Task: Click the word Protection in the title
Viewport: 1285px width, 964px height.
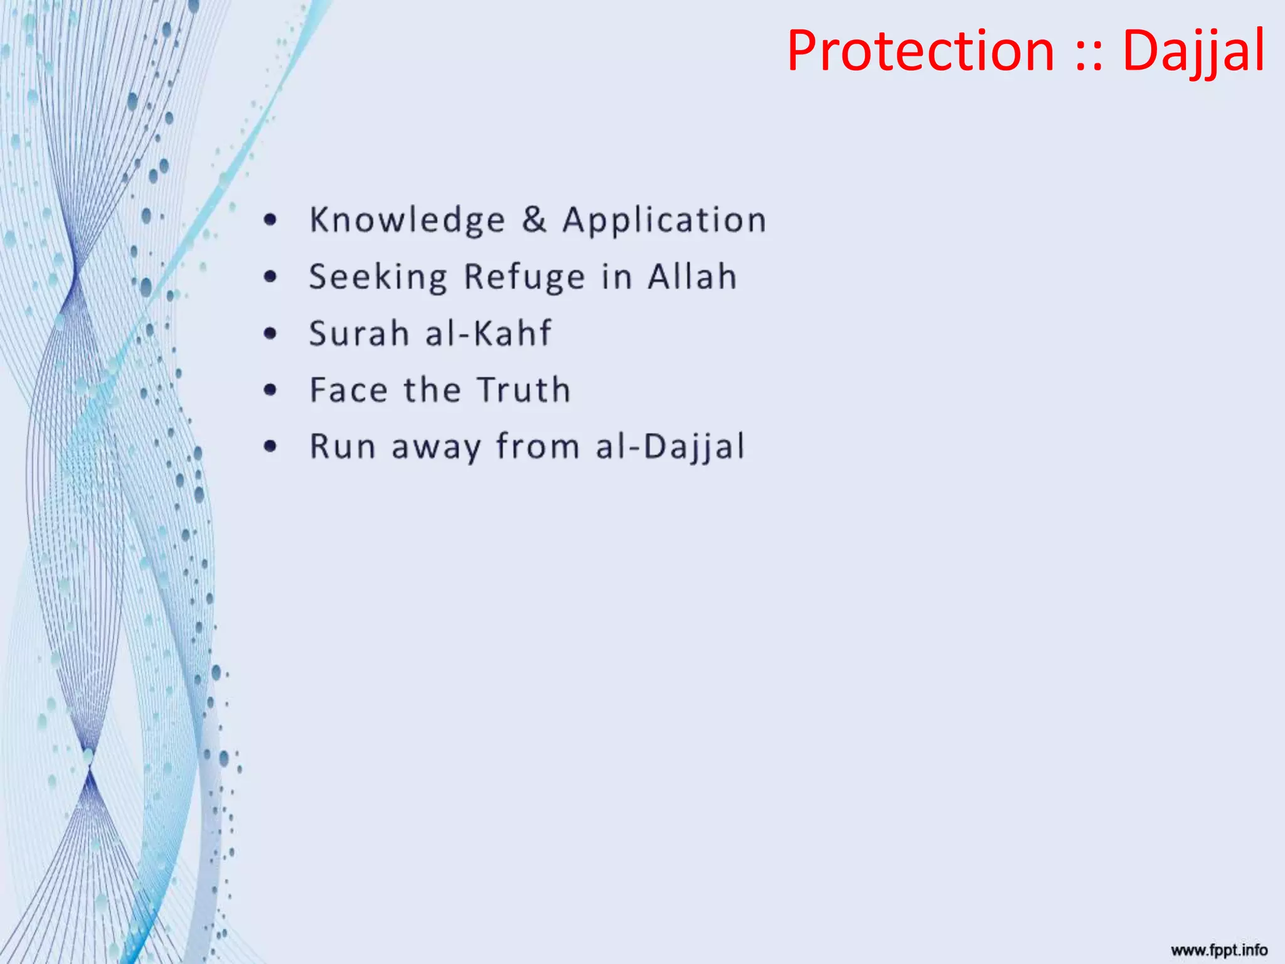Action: point(920,51)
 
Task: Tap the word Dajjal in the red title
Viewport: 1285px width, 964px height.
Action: point(1193,51)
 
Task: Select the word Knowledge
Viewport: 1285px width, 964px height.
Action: point(407,220)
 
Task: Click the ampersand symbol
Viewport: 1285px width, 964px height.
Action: point(534,220)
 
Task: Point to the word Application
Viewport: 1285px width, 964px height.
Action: point(664,220)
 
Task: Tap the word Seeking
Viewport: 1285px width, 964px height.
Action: point(378,277)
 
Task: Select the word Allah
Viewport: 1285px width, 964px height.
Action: point(693,276)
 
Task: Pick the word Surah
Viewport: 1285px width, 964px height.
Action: point(360,333)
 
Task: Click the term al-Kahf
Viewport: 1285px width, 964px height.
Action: point(489,333)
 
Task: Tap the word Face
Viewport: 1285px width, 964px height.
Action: point(349,390)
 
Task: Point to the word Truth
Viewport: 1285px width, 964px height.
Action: point(524,390)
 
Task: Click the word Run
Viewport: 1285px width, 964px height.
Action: point(343,446)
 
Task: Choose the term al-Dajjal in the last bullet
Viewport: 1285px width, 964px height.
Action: point(670,447)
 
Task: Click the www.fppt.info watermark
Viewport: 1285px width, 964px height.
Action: point(1218,950)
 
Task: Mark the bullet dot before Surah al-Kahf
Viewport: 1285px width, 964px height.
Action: point(270,333)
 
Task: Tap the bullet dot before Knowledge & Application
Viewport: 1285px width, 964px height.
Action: point(270,220)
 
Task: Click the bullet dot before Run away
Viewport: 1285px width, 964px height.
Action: point(270,446)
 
